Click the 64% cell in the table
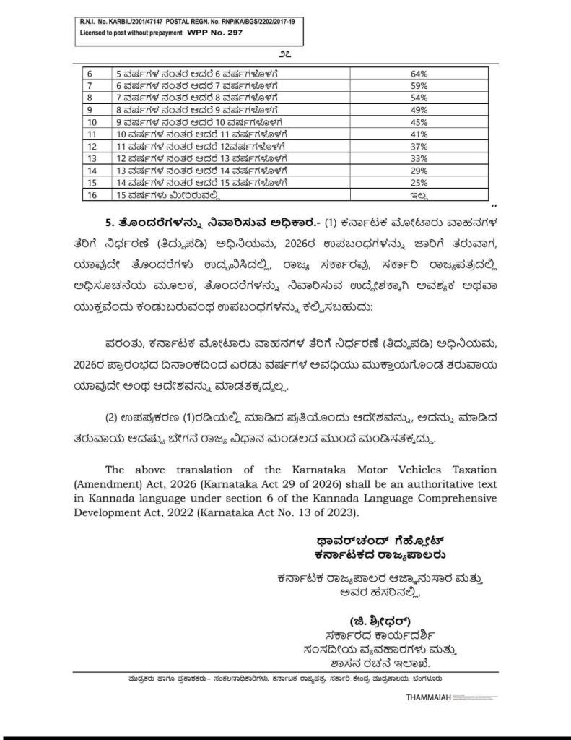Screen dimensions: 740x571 tap(419, 74)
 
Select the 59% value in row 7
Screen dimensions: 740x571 tap(419, 85)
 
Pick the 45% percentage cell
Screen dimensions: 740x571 tap(419, 123)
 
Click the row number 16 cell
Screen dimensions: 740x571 tap(92, 195)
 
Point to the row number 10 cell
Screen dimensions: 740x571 tap(92, 123)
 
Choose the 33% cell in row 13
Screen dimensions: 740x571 tap(419, 159)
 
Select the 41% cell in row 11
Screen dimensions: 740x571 tap(419, 134)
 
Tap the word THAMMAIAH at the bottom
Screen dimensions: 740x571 tap(429, 699)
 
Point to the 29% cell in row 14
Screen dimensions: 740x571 tap(419, 171)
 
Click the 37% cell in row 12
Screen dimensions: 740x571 tap(419, 147)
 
